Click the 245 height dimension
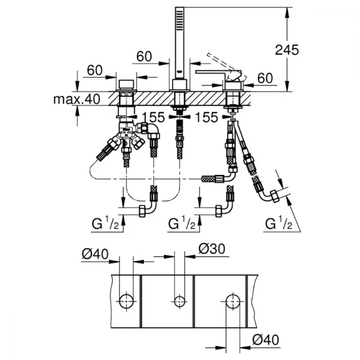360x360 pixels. click(x=287, y=50)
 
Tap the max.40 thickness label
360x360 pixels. click(x=77, y=99)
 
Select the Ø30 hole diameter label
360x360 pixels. click(x=212, y=249)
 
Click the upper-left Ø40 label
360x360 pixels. click(x=95, y=254)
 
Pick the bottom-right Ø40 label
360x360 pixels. click(x=266, y=339)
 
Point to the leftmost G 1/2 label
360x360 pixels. click(x=105, y=223)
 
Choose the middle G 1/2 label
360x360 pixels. click(x=182, y=223)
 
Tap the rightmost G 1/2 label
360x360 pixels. click(x=279, y=223)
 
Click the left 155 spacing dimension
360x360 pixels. click(x=153, y=117)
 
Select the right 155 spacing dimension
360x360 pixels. click(x=206, y=117)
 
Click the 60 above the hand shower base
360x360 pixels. click(x=144, y=56)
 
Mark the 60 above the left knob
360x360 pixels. click(x=95, y=70)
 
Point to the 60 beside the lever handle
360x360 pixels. click(x=265, y=78)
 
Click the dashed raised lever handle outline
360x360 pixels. click(x=226, y=66)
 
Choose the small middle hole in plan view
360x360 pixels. click(x=180, y=301)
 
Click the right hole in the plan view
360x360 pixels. click(x=233, y=301)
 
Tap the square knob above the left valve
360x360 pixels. click(x=126, y=84)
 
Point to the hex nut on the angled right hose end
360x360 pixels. click(x=274, y=197)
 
